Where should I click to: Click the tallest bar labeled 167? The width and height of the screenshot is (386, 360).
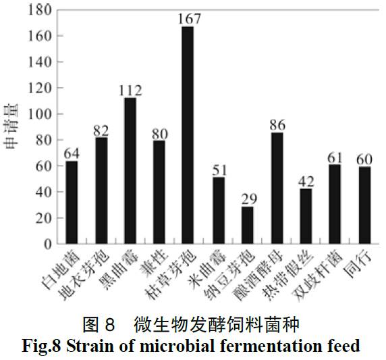coord(188,135)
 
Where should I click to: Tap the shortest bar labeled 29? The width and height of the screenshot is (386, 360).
coord(248,225)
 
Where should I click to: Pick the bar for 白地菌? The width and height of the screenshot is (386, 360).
coord(71,202)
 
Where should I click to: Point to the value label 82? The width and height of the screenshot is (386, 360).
coord(101,129)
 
